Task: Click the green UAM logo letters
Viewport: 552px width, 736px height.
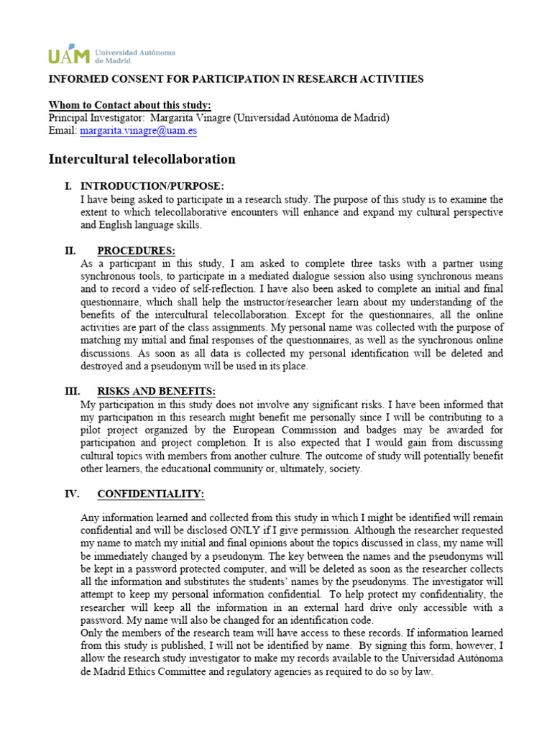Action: (x=69, y=56)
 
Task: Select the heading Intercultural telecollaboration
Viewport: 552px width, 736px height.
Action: (x=142, y=159)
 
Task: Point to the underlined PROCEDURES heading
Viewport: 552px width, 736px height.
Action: (x=136, y=251)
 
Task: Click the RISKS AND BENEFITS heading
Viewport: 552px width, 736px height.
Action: (x=156, y=391)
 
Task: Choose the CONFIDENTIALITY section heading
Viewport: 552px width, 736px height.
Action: (x=150, y=494)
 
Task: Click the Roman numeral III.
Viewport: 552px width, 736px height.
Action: (x=73, y=391)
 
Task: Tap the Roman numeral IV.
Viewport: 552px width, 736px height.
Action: (x=73, y=494)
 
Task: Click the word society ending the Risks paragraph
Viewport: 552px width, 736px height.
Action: (x=343, y=469)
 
